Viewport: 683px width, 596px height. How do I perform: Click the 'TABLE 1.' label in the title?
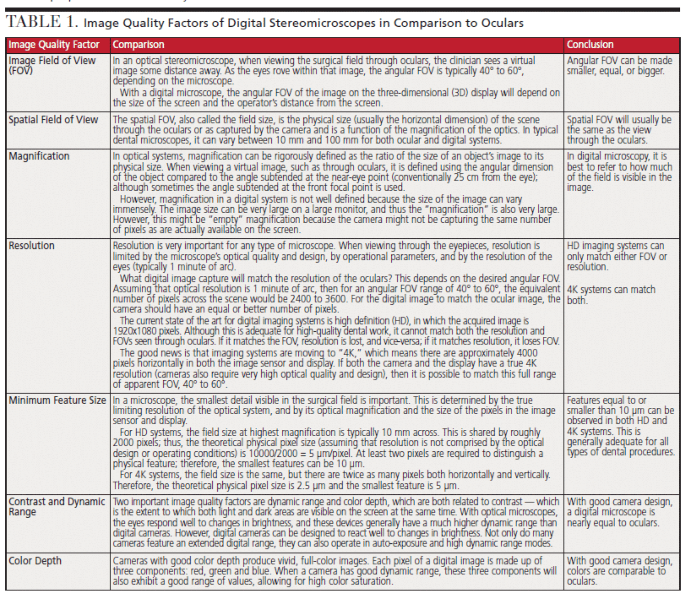click(42, 22)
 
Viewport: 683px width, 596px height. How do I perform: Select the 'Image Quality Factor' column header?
click(54, 45)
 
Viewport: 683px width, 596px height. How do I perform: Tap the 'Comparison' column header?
click(138, 45)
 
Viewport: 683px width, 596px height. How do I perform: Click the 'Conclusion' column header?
click(590, 45)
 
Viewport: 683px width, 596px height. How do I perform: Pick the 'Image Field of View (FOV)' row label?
click(52, 65)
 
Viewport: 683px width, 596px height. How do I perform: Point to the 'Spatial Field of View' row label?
click(53, 120)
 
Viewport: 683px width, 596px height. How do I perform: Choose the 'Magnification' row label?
click(39, 156)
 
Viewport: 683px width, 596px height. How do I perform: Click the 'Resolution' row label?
click(32, 246)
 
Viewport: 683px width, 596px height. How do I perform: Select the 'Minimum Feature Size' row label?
click(57, 400)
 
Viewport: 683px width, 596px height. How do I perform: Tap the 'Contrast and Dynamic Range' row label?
click(57, 507)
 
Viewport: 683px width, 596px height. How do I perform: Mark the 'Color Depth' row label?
click(35, 561)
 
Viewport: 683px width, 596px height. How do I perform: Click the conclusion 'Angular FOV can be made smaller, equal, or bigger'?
click(619, 66)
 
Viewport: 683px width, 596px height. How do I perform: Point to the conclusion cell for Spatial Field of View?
click(619, 130)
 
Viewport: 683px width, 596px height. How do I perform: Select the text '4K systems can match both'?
click(611, 295)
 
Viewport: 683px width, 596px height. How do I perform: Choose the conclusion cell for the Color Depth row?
click(619, 571)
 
